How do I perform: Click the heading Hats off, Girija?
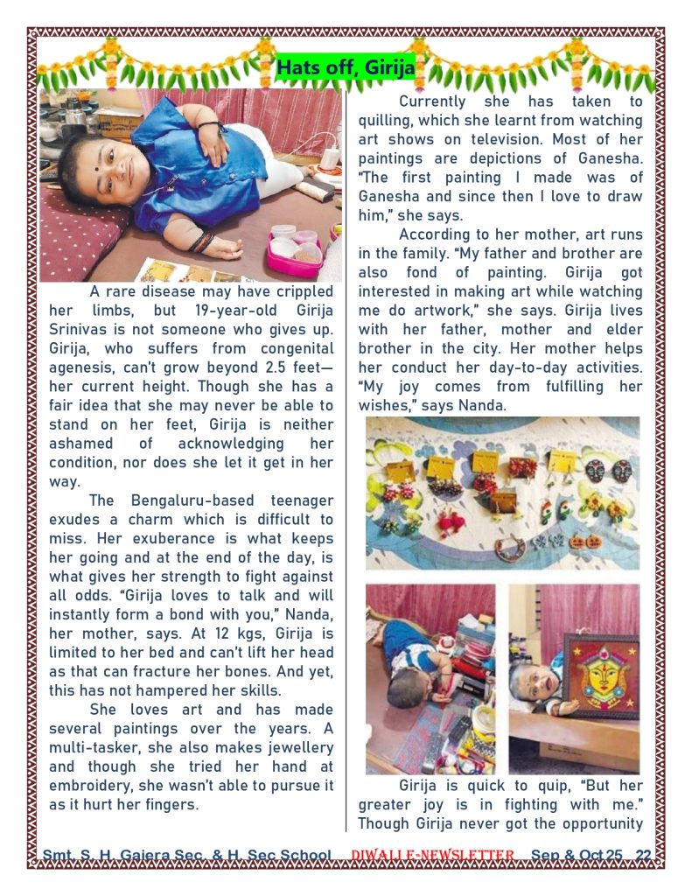(345, 67)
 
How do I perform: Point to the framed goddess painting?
(601, 675)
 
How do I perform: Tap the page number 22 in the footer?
(643, 855)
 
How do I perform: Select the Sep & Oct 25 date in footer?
(577, 855)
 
